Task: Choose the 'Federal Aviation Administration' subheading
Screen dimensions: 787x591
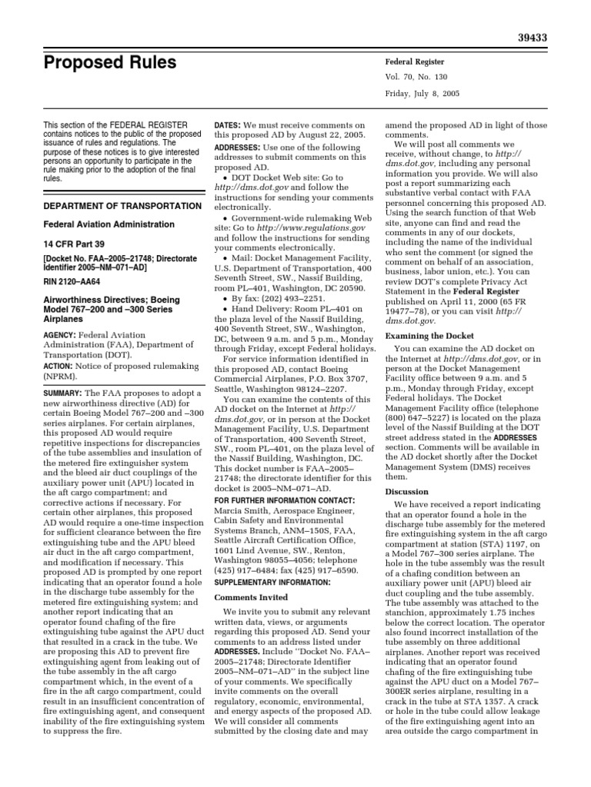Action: tap(109, 224)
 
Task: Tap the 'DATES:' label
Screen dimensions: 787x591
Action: tap(227, 125)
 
